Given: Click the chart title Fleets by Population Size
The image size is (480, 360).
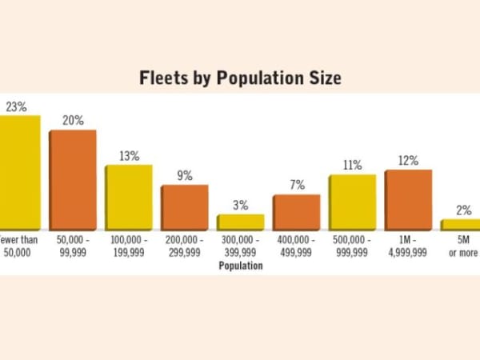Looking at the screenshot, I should point(240,78).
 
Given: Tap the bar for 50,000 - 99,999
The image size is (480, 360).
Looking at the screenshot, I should point(74,180).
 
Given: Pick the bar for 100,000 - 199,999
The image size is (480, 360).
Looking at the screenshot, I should point(130,198).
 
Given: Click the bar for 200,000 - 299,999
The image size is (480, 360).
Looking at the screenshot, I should point(185,208).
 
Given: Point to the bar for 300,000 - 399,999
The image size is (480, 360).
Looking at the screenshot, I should point(241,222).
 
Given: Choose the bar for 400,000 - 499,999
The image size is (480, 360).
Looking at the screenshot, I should point(297,212).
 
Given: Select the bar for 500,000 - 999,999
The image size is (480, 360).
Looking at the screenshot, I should point(353,202).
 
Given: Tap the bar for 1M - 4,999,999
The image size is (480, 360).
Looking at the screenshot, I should point(409,200).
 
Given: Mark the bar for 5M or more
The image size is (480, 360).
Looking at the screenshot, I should point(462,225).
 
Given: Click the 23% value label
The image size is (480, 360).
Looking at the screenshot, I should point(16,106).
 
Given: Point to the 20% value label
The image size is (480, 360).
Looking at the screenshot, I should point(74,121).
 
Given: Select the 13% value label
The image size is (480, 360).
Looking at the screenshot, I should point(130,156).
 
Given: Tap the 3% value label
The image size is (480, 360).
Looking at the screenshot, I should point(241,206).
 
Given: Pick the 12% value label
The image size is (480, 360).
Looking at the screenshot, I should point(408,161).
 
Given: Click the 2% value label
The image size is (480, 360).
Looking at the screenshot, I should point(464,210).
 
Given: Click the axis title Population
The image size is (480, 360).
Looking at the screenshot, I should point(241,266).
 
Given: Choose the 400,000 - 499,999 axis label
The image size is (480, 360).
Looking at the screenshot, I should point(297,246).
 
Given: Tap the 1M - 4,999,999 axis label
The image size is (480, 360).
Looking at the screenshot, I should point(409,246).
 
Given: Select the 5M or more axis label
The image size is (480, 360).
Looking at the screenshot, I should point(463,246).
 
